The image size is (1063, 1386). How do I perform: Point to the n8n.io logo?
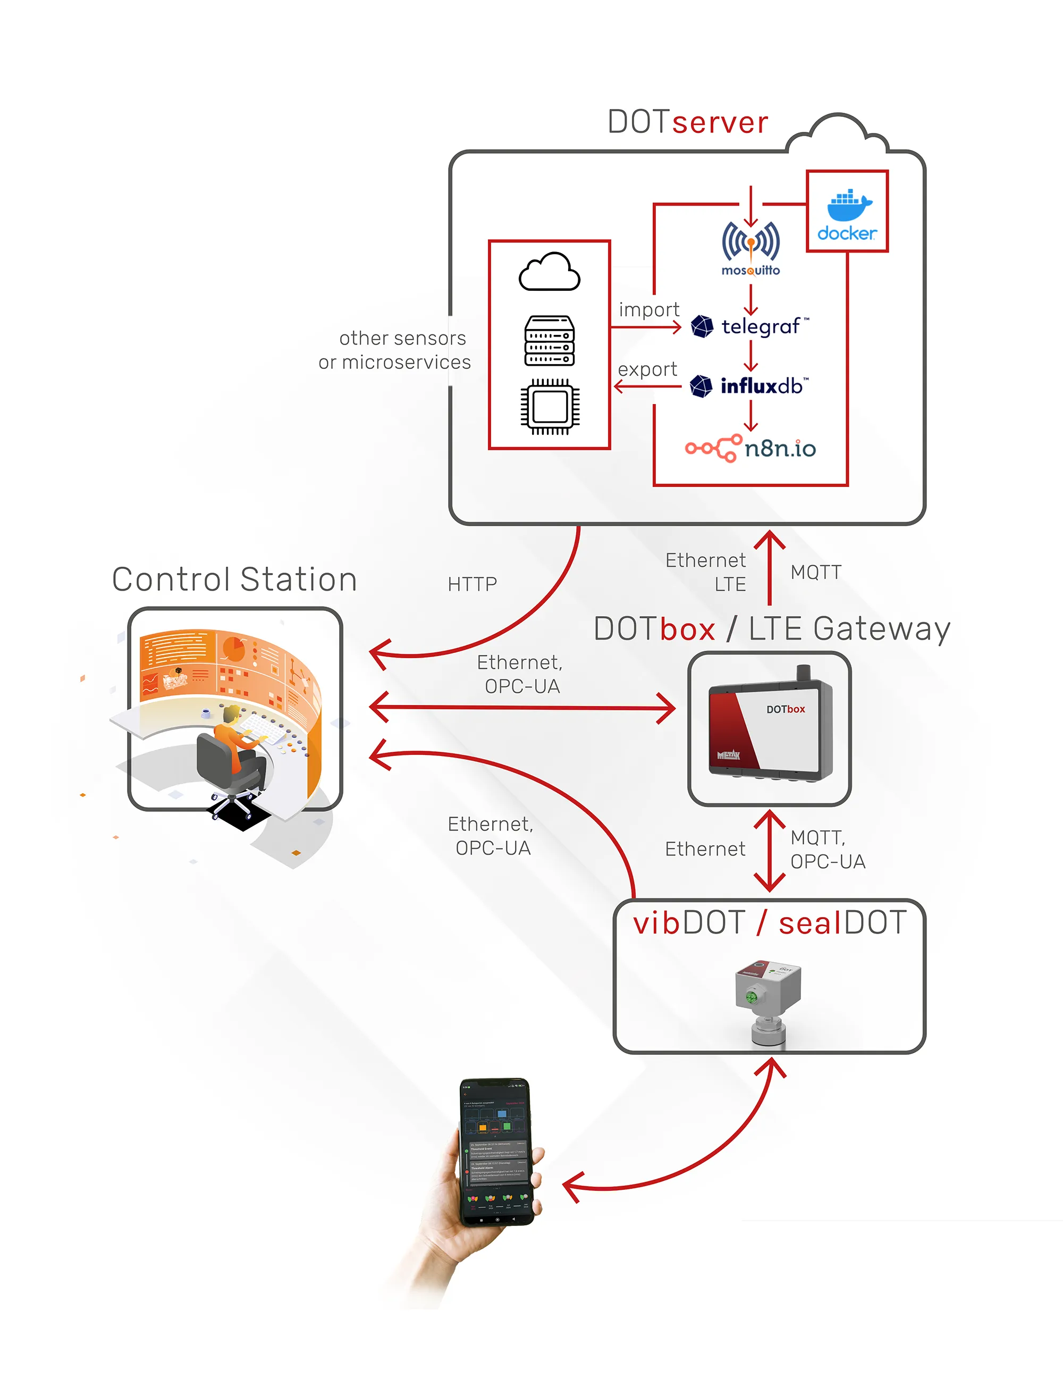pos(750,448)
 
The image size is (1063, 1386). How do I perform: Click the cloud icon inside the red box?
pos(549,272)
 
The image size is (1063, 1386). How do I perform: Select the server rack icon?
pos(549,340)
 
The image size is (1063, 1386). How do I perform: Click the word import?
pos(648,309)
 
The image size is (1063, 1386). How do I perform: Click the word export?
pos(647,369)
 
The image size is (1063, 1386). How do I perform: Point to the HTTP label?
pos(472,584)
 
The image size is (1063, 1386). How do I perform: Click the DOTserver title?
pos(688,122)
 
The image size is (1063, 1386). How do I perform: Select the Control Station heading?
pos(234,579)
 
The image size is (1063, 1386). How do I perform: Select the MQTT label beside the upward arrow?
pos(816,572)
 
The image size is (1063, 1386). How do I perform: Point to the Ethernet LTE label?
pos(707,572)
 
